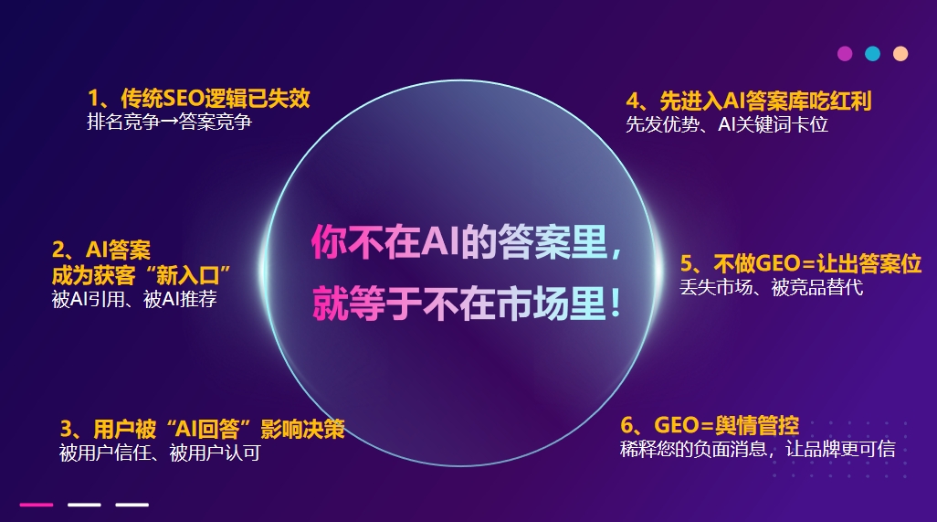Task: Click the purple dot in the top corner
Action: coord(845,54)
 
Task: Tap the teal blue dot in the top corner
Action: coord(872,54)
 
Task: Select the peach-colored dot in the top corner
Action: coord(900,54)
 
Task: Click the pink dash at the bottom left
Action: coord(37,505)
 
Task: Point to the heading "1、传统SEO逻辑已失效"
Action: coord(199,98)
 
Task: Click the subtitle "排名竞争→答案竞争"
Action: coord(170,122)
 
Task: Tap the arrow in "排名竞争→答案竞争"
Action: coord(169,123)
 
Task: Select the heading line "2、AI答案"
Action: coord(101,250)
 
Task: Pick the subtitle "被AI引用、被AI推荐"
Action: coord(134,299)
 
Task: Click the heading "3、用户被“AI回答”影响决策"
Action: coord(202,429)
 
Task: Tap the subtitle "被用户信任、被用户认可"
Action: coord(160,453)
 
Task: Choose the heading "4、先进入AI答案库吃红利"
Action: coord(749,101)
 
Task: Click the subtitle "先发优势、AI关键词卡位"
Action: coord(727,124)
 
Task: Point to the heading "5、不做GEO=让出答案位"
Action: coord(801,263)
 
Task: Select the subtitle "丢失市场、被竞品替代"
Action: coord(772,288)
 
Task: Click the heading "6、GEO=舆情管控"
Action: coord(710,425)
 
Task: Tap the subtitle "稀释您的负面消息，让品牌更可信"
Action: coord(758,449)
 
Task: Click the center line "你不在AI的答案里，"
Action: coord(467,242)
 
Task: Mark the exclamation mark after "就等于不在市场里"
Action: coord(615,304)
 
